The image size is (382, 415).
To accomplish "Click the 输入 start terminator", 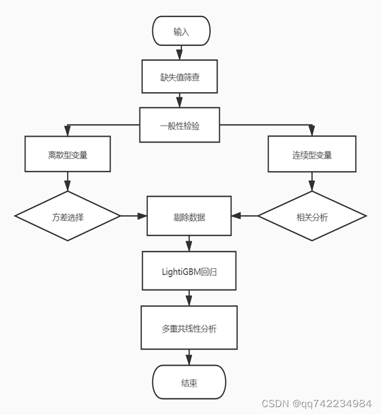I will click(181, 32).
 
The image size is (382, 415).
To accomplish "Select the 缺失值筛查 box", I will click(179, 77).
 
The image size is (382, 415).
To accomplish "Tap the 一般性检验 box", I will click(179, 124).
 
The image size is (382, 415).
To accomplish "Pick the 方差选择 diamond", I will click(68, 216).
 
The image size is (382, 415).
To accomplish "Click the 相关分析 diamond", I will click(312, 216).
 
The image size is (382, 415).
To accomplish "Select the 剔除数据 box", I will click(189, 216).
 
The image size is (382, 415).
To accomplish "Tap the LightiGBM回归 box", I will click(189, 270).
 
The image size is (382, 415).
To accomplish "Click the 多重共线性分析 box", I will click(189, 327).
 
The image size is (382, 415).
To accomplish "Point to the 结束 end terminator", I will click(189, 383).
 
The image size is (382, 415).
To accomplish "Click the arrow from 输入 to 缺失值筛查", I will click(181, 53).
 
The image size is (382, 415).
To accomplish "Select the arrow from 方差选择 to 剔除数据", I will click(133, 216).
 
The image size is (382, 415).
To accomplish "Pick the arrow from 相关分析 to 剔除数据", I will click(245, 216).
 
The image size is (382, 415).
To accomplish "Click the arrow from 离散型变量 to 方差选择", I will click(68, 182).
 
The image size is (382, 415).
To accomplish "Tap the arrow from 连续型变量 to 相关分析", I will click(312, 182).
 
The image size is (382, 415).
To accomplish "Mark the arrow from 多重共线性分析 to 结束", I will click(189, 357).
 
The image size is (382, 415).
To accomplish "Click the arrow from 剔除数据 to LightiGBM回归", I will click(189, 243).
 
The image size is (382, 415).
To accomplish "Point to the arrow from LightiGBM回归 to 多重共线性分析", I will click(189, 298).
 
